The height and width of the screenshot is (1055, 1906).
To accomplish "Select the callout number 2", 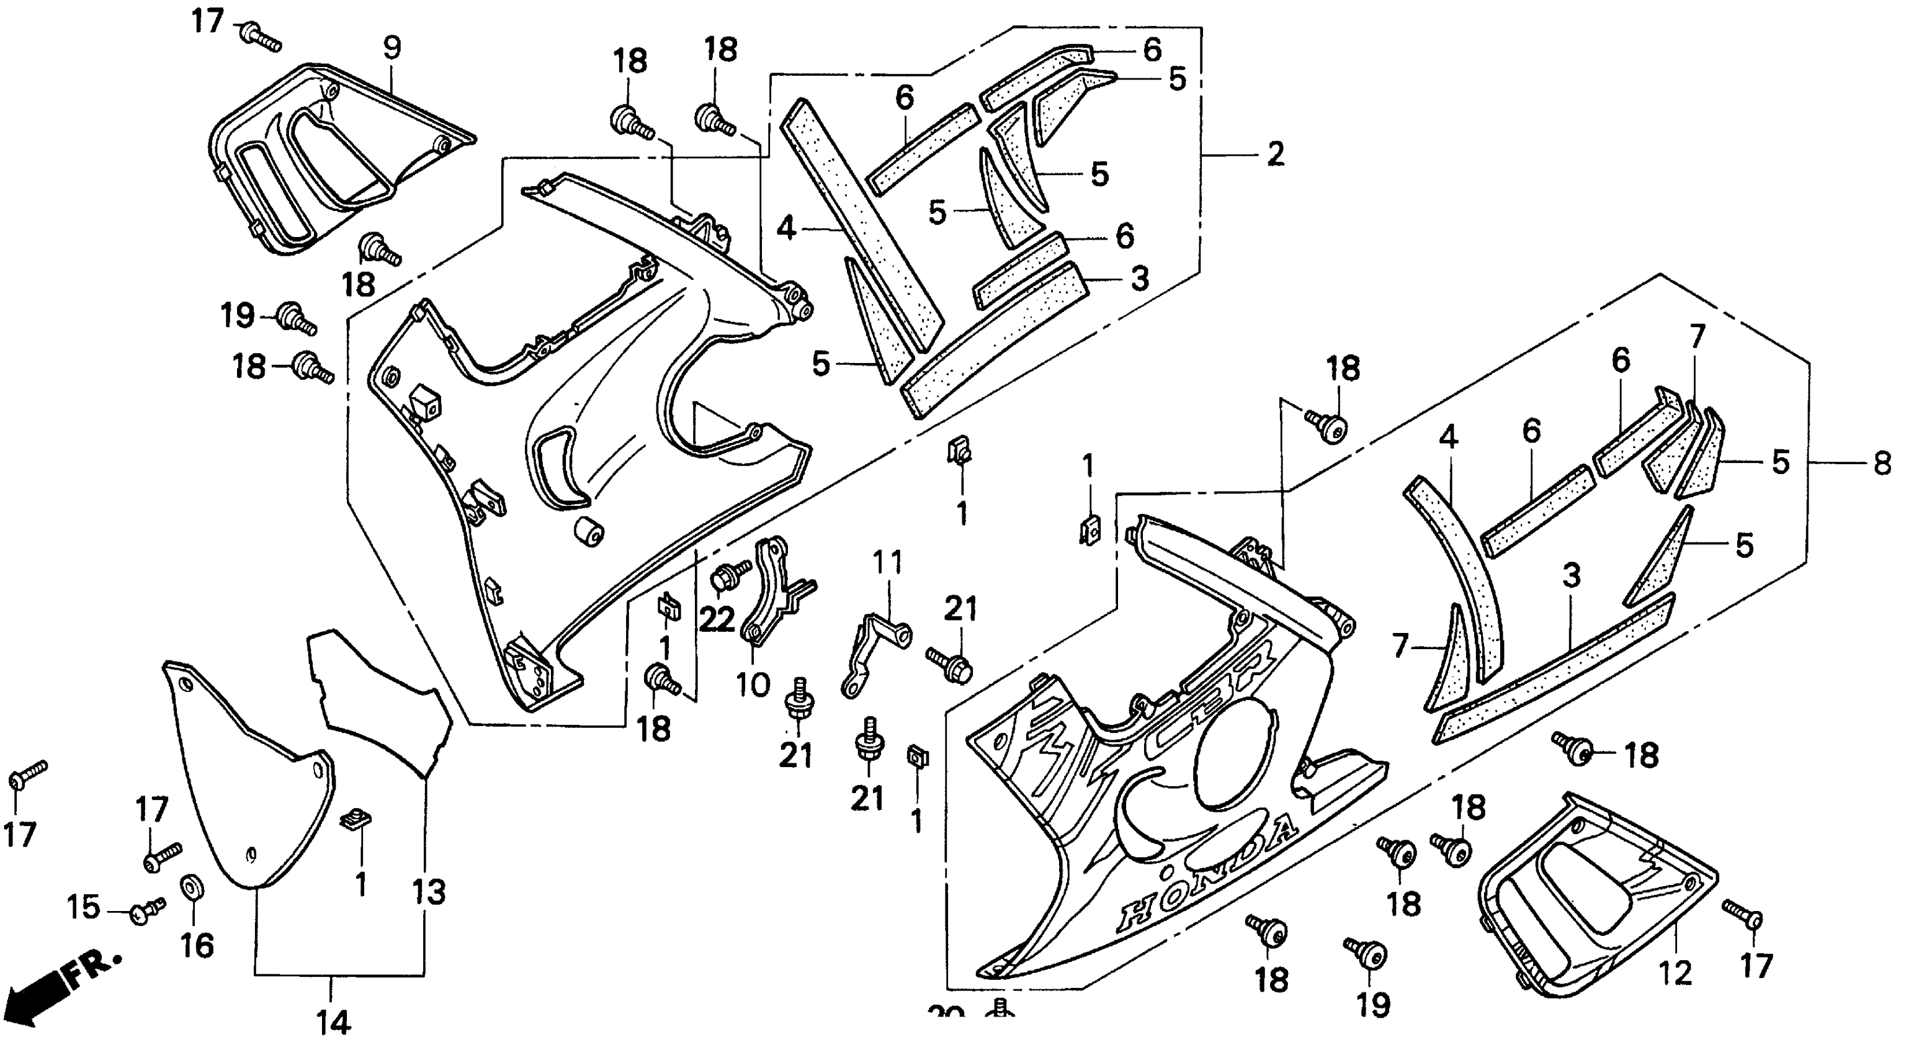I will coord(1275,155).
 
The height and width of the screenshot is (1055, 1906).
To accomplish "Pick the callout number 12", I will coord(1676,973).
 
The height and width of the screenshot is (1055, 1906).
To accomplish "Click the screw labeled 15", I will coord(145,912).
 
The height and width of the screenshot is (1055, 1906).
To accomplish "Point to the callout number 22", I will coord(716,620).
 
